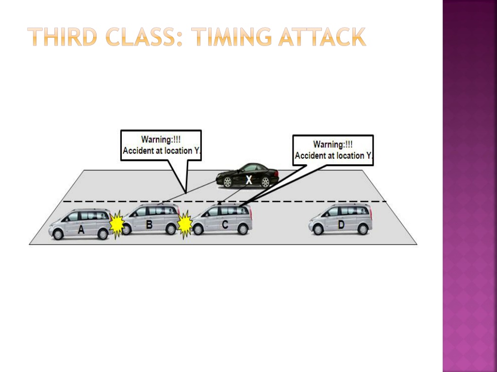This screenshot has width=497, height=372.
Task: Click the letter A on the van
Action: coord(81,230)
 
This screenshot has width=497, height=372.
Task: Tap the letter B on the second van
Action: coord(149,225)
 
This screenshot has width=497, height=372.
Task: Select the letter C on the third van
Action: coord(225,225)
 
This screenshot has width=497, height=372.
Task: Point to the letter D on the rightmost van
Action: coord(341,225)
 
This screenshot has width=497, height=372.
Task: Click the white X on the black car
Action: coord(249,180)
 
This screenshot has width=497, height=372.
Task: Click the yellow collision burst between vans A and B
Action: coord(116,224)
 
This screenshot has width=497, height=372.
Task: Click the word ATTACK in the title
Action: coord(322,37)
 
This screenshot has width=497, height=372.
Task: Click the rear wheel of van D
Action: coord(363,229)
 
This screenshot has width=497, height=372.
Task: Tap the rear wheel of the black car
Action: coord(265,182)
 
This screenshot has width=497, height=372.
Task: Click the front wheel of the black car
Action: coord(228,182)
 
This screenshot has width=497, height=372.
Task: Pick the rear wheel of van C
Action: coord(243,229)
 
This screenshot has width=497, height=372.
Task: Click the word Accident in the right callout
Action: coord(310,155)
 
